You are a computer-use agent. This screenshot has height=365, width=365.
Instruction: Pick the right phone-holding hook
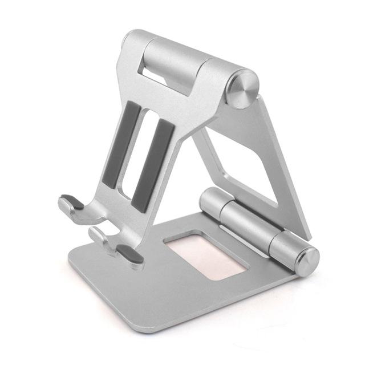(114, 242)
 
